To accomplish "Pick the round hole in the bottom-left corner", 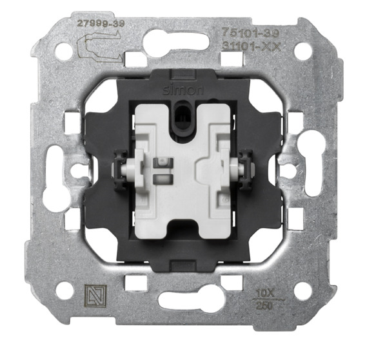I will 63,290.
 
